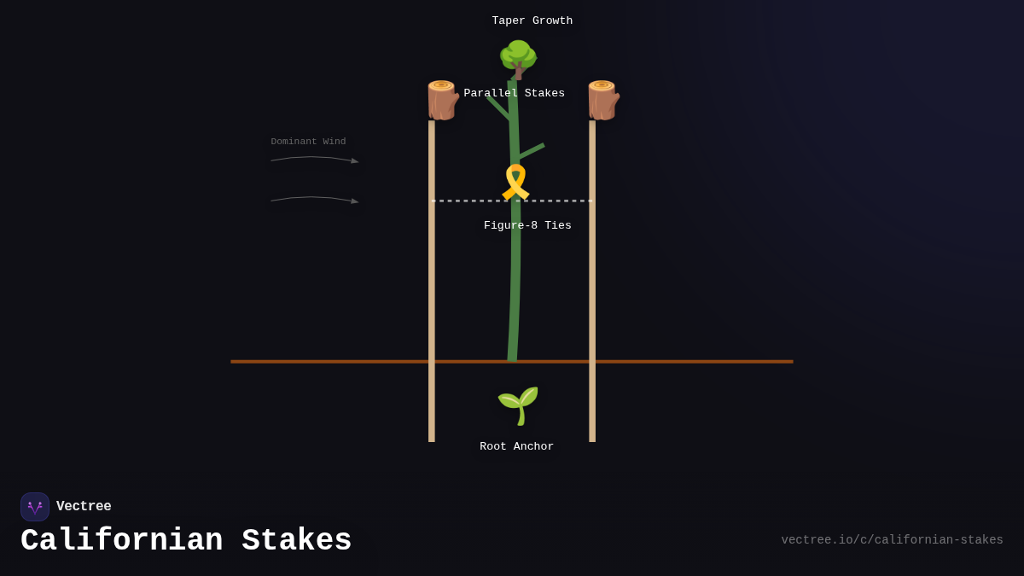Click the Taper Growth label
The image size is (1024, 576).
coord(532,21)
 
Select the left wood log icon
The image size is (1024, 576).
coord(442,101)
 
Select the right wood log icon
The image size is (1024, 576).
coord(602,101)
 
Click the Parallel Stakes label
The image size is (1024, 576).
coord(514,94)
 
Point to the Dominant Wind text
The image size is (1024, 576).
coord(308,142)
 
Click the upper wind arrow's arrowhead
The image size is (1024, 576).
coord(355,160)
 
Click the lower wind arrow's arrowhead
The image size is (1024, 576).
coord(355,201)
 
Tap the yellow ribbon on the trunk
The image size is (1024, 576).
coord(515,183)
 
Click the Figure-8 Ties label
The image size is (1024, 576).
coord(527,226)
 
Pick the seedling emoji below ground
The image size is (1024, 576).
coord(518,405)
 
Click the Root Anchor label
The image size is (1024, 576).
coord(516,447)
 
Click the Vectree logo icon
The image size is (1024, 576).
coord(35,507)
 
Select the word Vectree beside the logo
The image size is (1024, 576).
coord(84,507)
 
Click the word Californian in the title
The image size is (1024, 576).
coord(122,541)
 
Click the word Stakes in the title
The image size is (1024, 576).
coord(297,541)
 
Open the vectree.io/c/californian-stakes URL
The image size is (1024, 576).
coord(892,540)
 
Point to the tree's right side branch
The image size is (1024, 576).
coord(531,151)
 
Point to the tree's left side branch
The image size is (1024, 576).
coord(498,108)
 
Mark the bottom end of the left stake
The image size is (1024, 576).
coord(432,439)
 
